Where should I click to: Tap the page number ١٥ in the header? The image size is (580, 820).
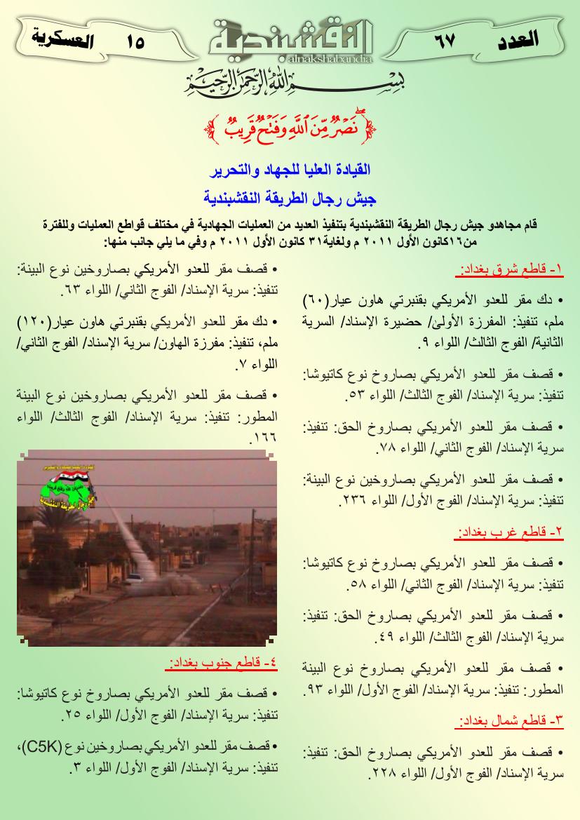tap(136, 43)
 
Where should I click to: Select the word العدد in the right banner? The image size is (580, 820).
tap(518, 39)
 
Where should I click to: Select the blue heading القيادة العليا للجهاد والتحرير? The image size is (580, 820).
tap(290, 170)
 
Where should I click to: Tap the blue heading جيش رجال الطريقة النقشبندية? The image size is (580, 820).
tap(290, 199)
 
